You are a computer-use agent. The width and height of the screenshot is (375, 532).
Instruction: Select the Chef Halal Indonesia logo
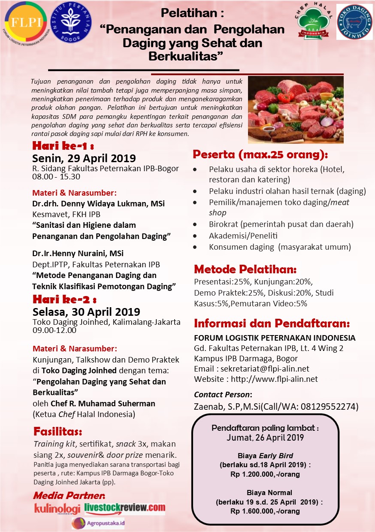tap(314, 21)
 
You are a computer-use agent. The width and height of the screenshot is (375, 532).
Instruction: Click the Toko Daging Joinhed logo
tap(354, 22)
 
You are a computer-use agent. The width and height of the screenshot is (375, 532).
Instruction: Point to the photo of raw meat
tap(296, 109)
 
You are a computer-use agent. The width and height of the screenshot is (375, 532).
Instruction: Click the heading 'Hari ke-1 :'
tap(63, 145)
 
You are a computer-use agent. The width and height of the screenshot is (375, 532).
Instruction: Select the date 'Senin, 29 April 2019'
tap(84, 158)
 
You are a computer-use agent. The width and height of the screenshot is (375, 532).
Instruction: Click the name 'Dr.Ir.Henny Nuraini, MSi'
tap(78, 254)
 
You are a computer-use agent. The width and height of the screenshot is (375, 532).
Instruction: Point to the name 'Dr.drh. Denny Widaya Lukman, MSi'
tap(98, 203)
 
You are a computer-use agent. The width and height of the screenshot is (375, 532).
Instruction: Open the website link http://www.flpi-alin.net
tap(274, 379)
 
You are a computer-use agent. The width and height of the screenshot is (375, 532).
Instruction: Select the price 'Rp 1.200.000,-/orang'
tap(265, 474)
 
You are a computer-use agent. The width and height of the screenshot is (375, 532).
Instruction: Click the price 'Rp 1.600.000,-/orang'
tap(265, 511)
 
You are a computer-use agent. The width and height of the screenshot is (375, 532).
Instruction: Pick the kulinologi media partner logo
tap(57, 509)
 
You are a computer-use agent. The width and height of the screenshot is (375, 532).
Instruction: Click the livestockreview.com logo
tap(125, 508)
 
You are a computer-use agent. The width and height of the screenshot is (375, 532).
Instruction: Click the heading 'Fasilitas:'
tap(57, 431)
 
